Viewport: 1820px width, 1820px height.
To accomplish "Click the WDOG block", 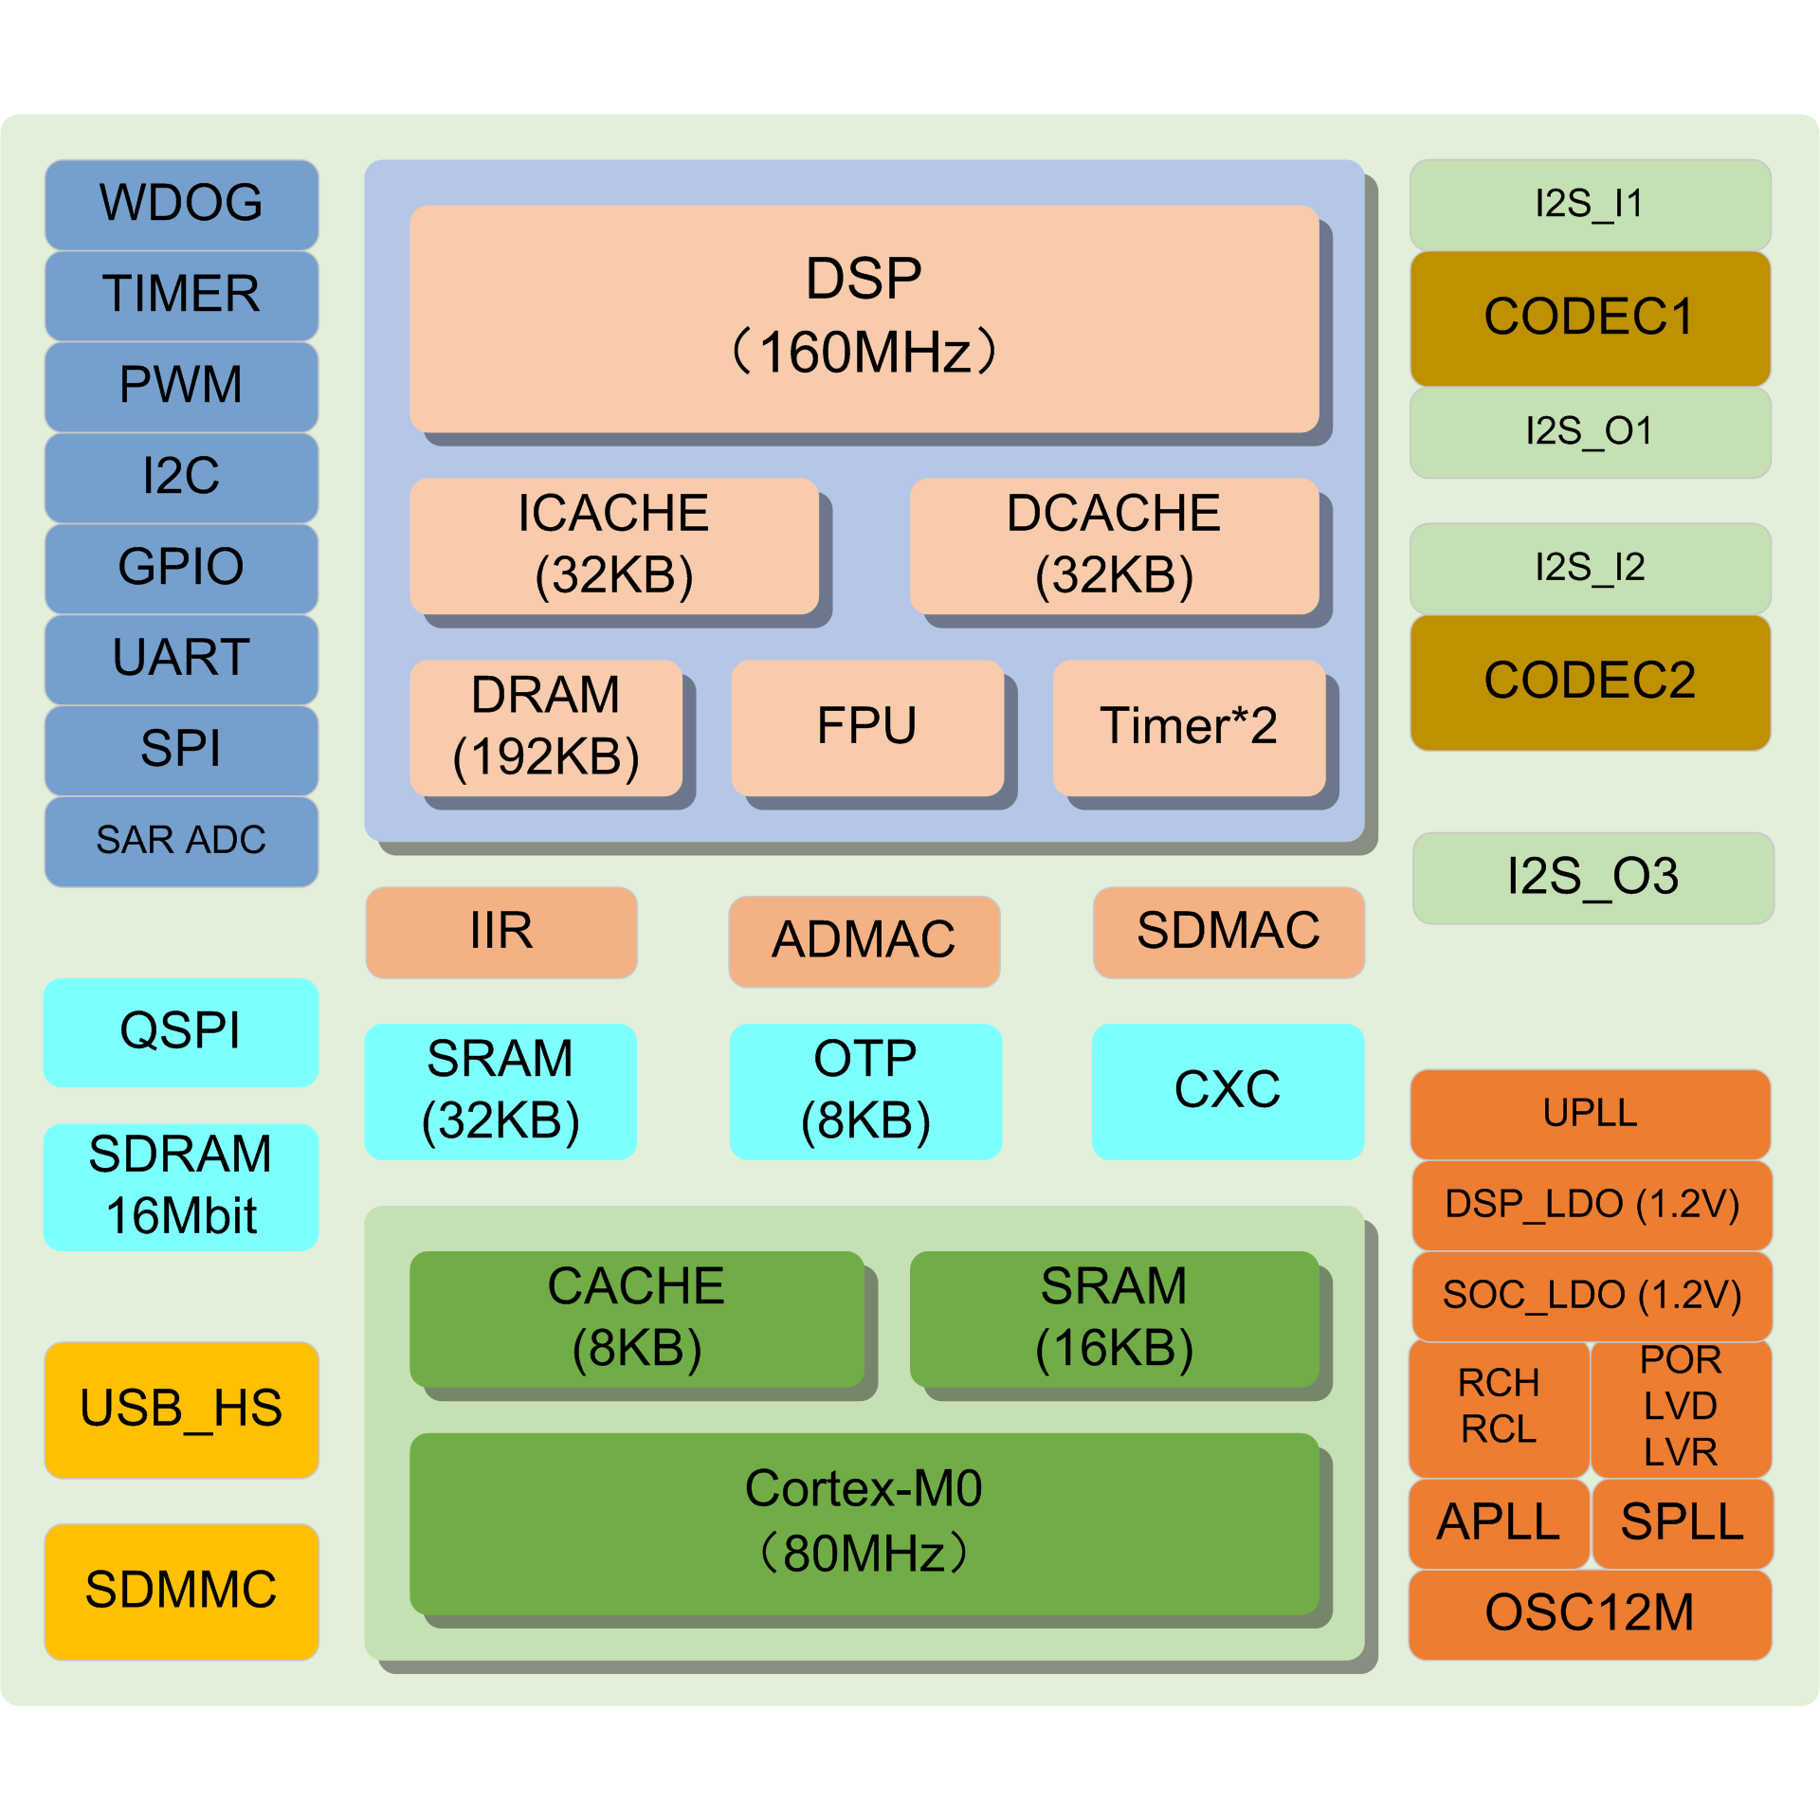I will [x=181, y=204].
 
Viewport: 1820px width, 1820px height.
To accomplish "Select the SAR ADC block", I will [x=181, y=841].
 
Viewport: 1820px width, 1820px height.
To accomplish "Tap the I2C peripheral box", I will [x=181, y=477].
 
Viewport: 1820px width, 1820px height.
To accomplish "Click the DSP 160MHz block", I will [x=864, y=318].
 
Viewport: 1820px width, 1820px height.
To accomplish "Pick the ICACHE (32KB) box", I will [x=613, y=545].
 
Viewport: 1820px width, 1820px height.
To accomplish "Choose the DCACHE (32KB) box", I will [x=1114, y=545].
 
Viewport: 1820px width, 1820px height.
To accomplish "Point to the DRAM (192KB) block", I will [x=546, y=727].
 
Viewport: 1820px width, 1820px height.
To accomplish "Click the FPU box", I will [x=867, y=727].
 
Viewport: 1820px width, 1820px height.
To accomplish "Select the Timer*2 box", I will [x=1189, y=727].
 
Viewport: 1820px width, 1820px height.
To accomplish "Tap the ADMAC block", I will [x=864, y=941].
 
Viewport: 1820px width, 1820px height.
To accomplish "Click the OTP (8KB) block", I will [x=865, y=1091].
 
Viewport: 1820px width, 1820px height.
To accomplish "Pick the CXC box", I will [x=1228, y=1091].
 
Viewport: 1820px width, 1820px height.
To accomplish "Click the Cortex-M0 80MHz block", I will [x=864, y=1523].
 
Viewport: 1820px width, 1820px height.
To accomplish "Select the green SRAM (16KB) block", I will [x=1114, y=1319].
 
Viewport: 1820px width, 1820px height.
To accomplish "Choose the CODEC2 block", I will [x=1590, y=682].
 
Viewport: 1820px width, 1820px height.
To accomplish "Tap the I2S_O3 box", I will [x=1592, y=878].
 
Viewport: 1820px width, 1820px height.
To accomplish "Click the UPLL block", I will [x=1590, y=1114].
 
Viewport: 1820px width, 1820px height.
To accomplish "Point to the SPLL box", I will [x=1682, y=1523].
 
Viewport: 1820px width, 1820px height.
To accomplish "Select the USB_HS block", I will [x=181, y=1410].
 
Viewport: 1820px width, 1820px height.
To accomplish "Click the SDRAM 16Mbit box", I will [x=181, y=1186].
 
